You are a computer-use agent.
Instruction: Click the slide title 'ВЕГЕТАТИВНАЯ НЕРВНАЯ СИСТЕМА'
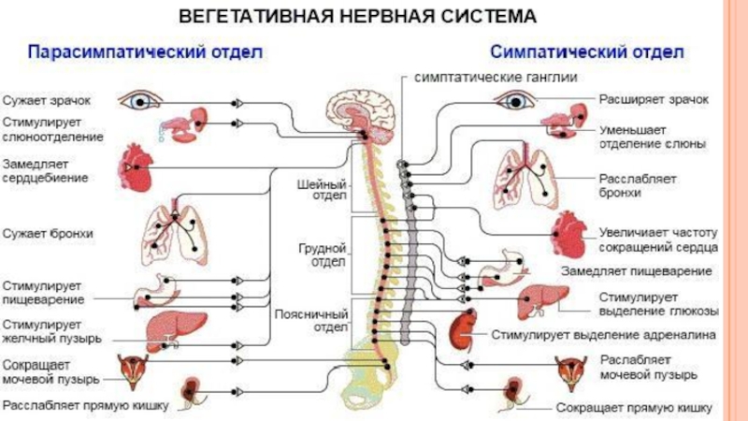click(358, 18)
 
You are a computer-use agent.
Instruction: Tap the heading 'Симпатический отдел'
click(586, 49)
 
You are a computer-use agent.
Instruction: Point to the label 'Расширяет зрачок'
click(654, 98)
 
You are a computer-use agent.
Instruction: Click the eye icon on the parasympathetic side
click(140, 98)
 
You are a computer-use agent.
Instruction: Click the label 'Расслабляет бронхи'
click(640, 184)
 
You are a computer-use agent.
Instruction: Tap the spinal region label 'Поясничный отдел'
click(312, 322)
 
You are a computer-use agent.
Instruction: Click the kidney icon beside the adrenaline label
click(461, 329)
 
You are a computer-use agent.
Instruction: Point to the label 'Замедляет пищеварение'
click(636, 270)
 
